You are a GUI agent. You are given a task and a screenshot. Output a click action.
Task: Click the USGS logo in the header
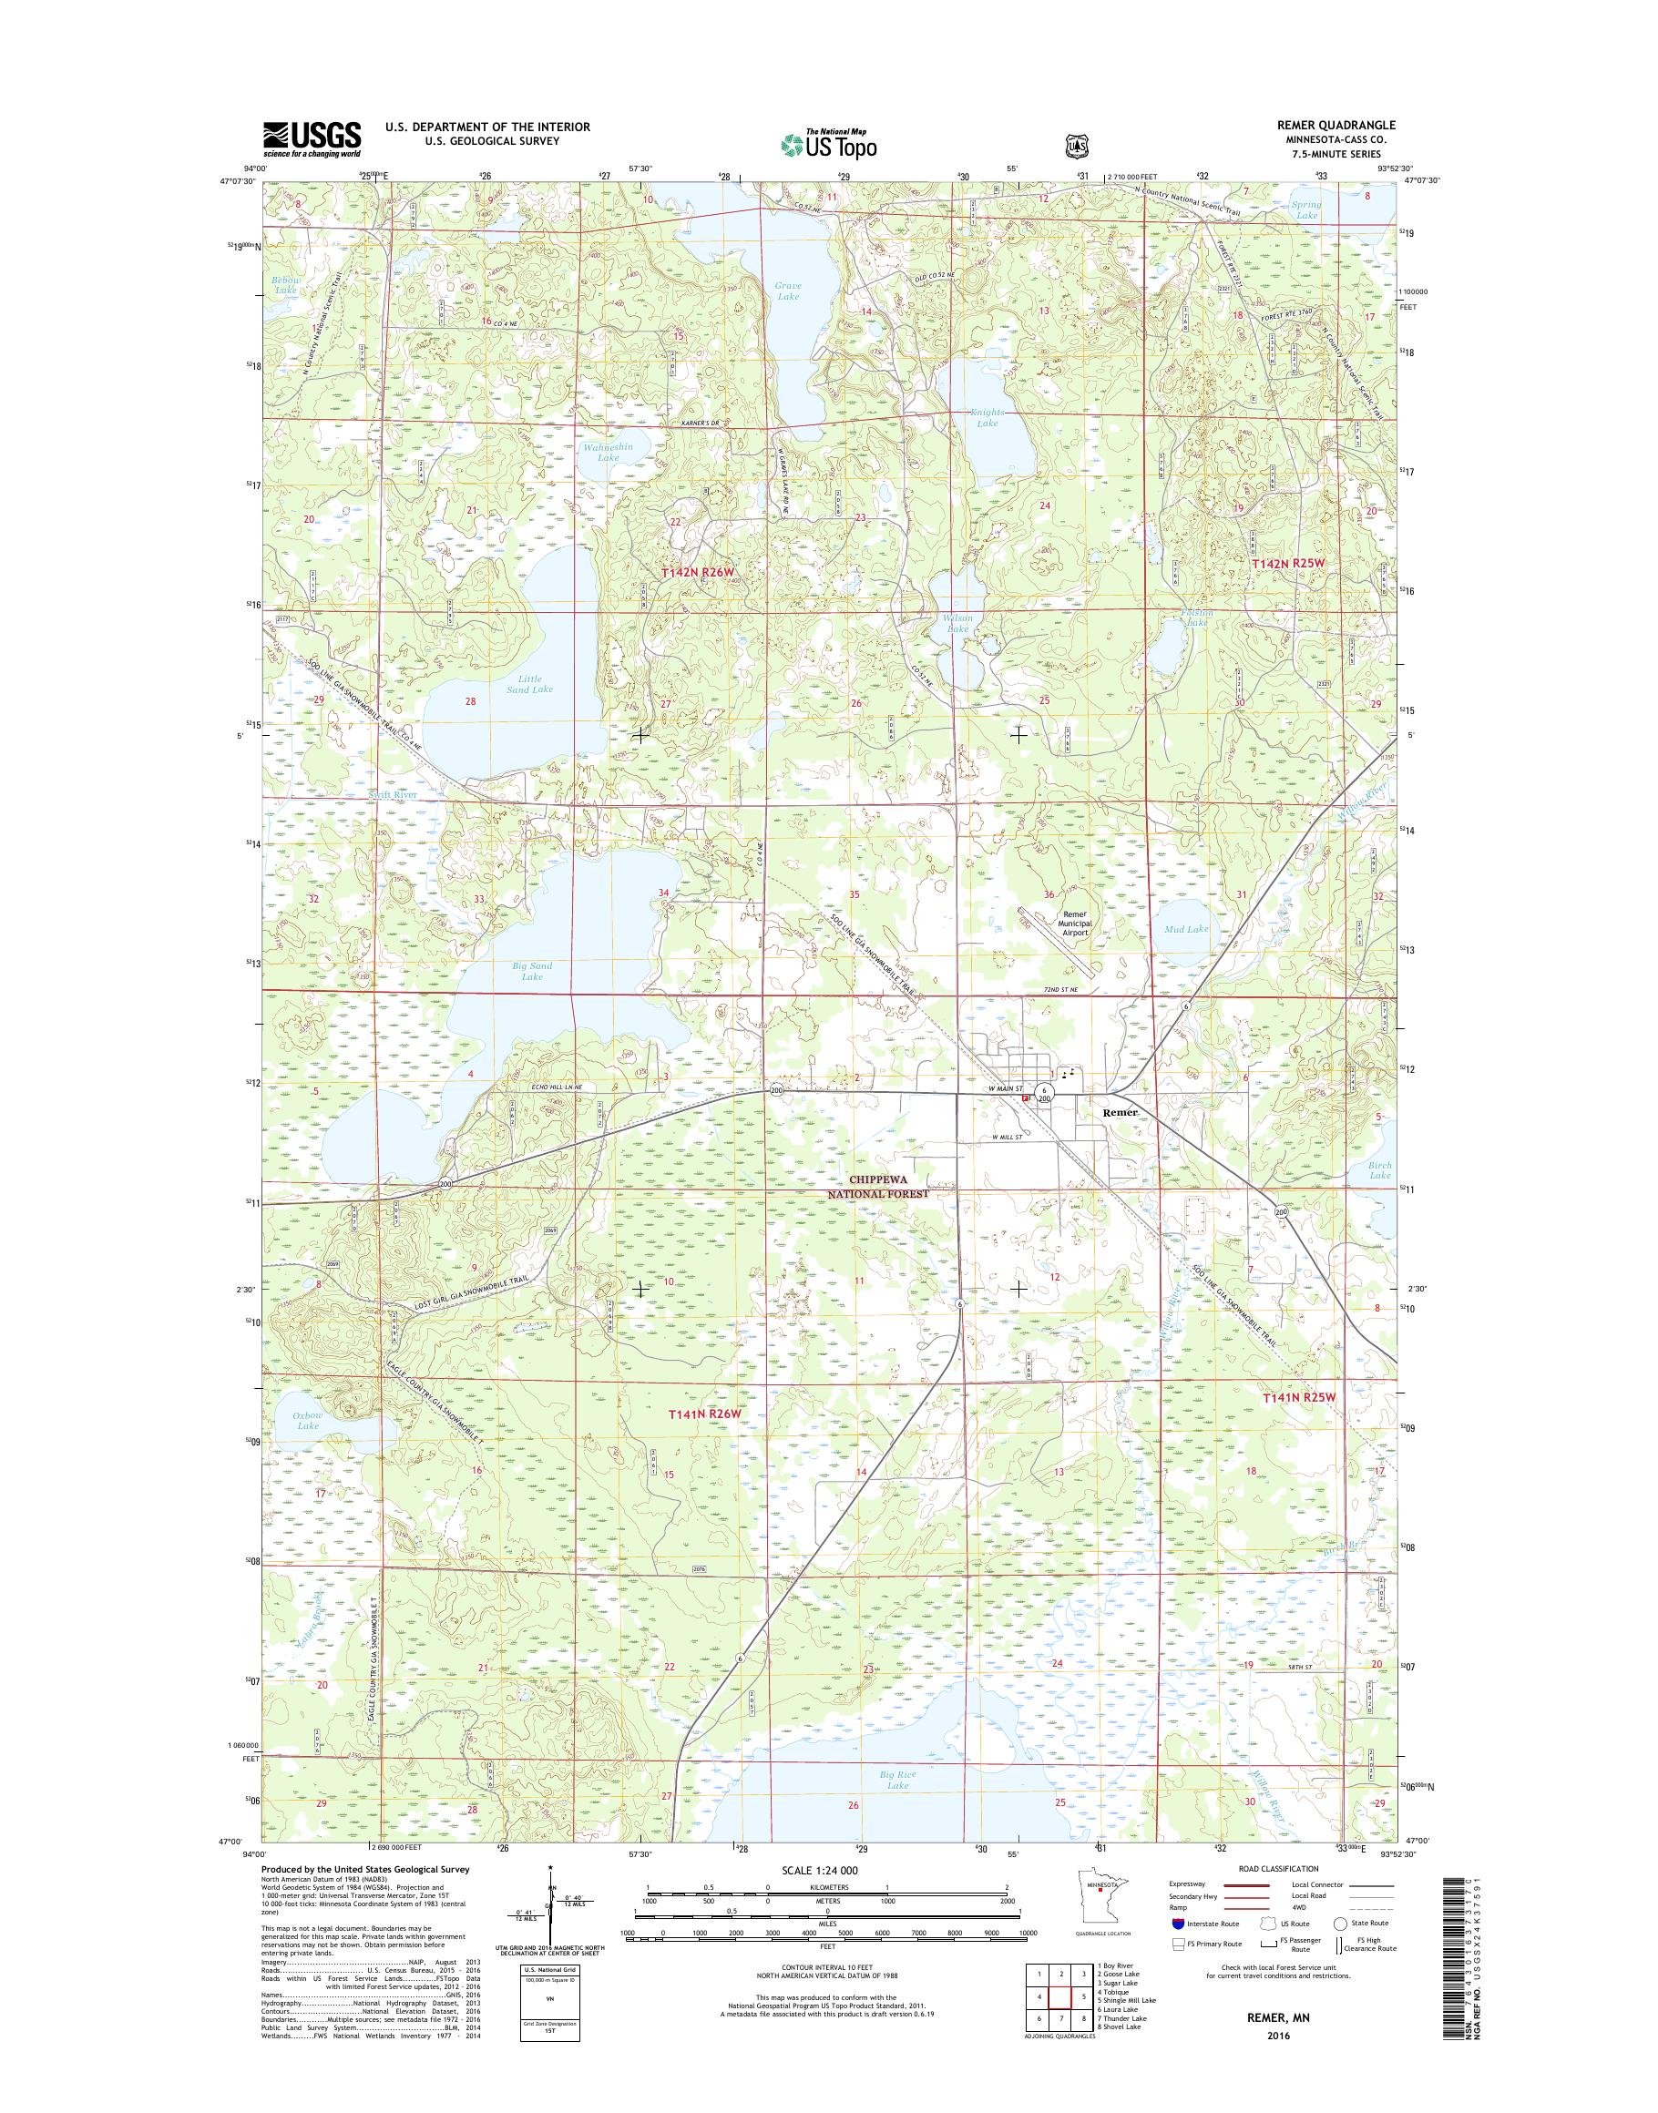click(x=312, y=139)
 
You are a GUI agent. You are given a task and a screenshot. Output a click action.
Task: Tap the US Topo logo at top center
click(x=828, y=144)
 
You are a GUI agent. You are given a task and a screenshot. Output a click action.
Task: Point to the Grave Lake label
click(x=787, y=291)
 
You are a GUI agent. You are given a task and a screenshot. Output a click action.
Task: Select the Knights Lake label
click(x=987, y=417)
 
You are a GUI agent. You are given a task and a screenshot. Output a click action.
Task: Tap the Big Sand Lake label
click(x=532, y=972)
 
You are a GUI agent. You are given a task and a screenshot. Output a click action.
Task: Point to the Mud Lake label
click(x=1185, y=929)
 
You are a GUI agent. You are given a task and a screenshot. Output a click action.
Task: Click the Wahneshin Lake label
click(x=608, y=452)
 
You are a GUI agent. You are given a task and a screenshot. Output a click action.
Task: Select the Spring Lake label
click(x=1306, y=209)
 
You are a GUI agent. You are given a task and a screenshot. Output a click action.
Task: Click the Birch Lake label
click(x=1379, y=1169)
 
